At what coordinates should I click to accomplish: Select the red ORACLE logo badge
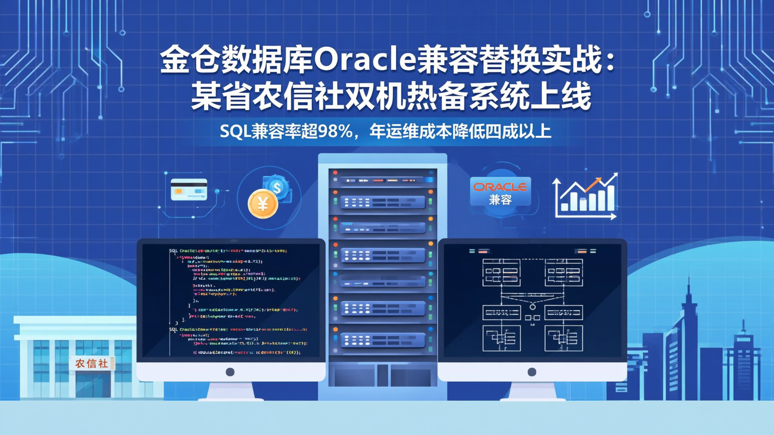click(x=500, y=187)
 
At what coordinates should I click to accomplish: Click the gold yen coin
click(x=263, y=204)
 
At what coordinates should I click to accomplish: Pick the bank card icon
click(x=189, y=190)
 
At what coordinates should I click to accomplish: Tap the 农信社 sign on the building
click(x=92, y=364)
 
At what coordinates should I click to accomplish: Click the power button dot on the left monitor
click(x=230, y=372)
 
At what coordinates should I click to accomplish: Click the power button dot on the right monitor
click(x=532, y=372)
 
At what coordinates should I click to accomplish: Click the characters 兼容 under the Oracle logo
click(x=500, y=200)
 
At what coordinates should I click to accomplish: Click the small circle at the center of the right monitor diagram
click(x=533, y=307)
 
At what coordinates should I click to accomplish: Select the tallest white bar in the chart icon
click(x=610, y=198)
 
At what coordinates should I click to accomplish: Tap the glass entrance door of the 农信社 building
click(x=92, y=384)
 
